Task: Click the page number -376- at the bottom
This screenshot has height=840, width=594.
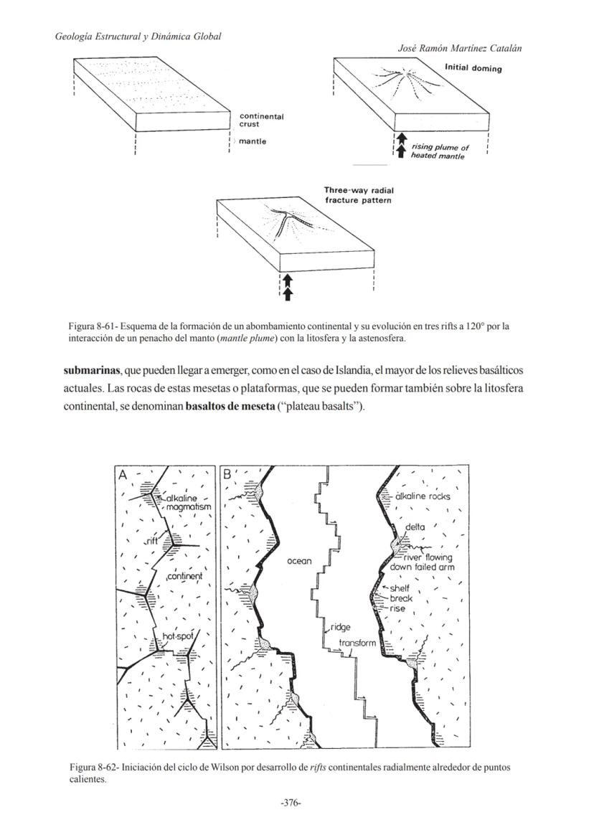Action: click(x=290, y=803)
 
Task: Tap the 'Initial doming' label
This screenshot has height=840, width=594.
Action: click(x=473, y=68)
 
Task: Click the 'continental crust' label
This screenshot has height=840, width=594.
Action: click(x=261, y=120)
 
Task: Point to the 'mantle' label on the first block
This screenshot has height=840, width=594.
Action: click(x=253, y=141)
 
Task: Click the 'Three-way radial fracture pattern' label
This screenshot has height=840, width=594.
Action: click(x=359, y=195)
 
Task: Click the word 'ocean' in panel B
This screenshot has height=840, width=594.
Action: click(x=299, y=561)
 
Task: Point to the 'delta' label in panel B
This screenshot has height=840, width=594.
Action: click(x=415, y=527)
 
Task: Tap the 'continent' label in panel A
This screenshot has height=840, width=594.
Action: click(x=184, y=576)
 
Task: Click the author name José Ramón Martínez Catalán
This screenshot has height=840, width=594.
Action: click(x=459, y=48)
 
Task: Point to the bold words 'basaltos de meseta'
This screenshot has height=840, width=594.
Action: click(x=230, y=408)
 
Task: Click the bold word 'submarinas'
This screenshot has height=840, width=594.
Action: click(x=92, y=370)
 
